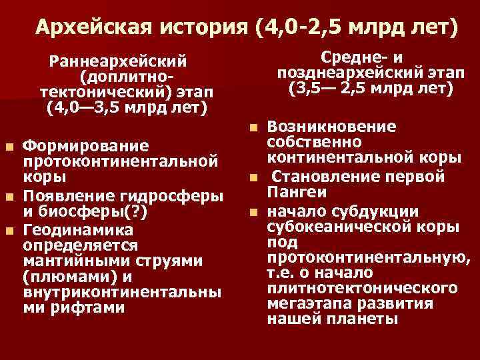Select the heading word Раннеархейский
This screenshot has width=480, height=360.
click(118, 61)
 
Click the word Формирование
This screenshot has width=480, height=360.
click(75, 146)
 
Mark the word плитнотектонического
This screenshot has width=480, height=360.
click(362, 289)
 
